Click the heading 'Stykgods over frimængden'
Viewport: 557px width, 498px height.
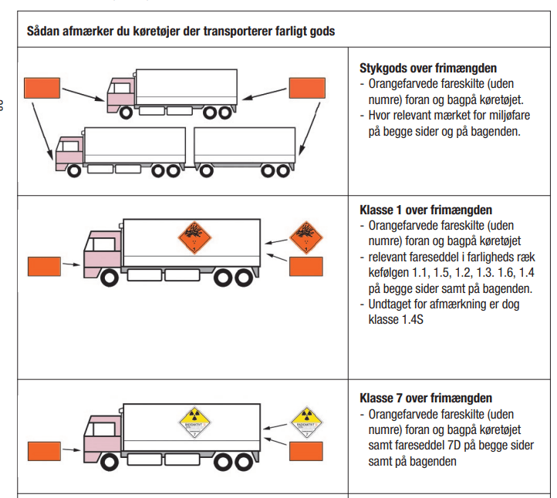428,68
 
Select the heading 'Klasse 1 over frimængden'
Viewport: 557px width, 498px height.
426,210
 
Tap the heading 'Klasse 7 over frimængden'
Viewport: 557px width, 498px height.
426,398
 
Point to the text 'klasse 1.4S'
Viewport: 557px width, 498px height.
396,319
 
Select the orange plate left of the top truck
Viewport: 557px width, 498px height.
42,88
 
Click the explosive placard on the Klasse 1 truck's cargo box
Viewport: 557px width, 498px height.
194,237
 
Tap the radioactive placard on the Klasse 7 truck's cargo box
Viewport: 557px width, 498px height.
194,422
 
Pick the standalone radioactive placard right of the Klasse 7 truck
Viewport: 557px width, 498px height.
306,422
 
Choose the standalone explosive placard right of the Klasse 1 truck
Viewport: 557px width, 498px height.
306,237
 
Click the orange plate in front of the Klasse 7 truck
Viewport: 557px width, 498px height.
44,451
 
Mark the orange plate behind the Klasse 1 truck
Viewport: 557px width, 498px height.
306,266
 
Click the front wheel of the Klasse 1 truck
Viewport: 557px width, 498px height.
110,278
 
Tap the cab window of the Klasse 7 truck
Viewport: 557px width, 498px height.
103,429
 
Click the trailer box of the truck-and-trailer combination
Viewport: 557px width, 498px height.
245,146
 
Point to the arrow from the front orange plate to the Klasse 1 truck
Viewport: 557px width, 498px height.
72,264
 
